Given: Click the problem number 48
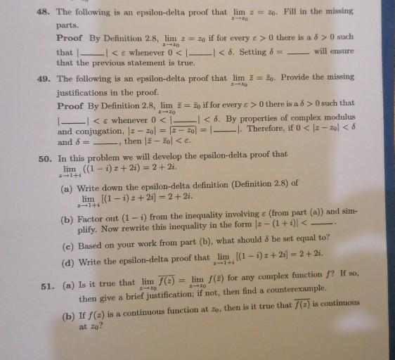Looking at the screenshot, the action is tap(45, 12).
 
